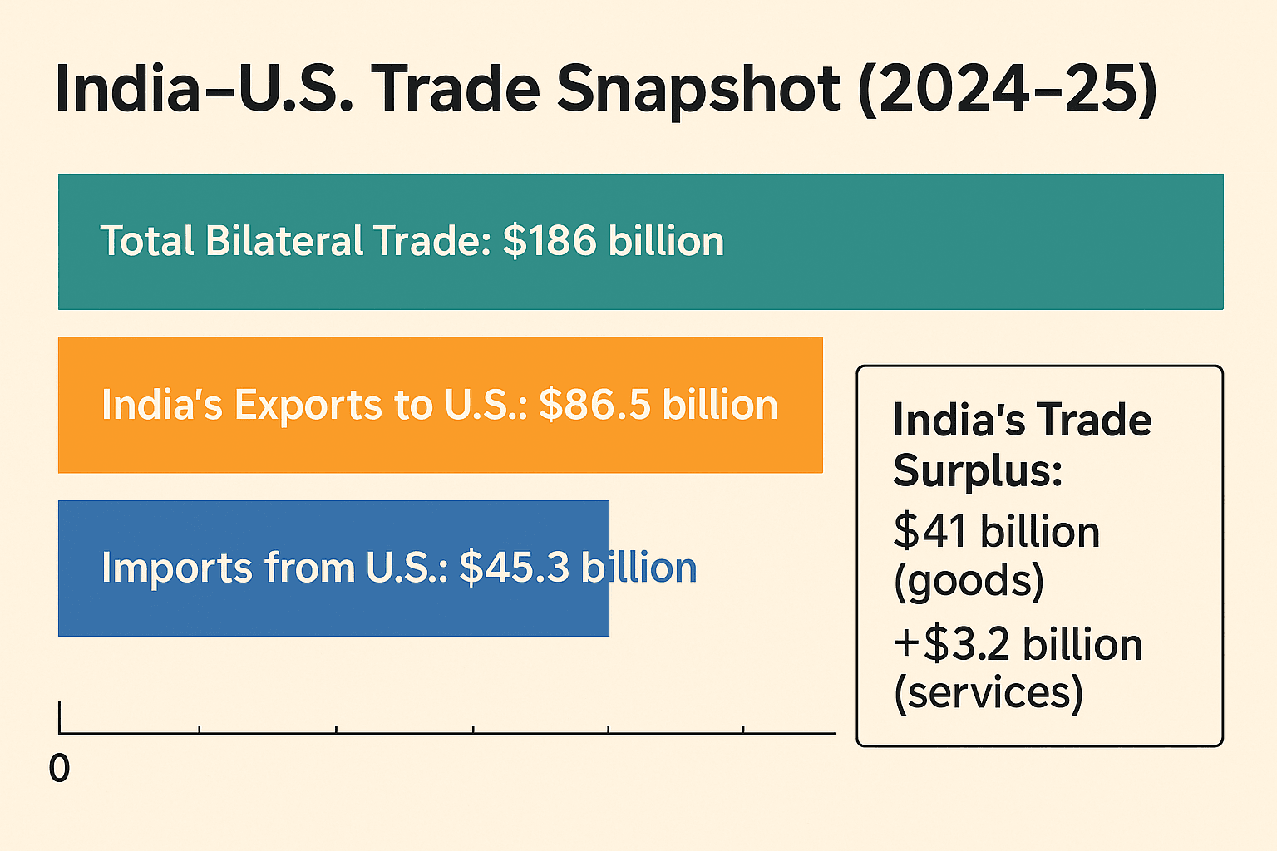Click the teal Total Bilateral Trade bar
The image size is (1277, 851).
[x=956, y=241]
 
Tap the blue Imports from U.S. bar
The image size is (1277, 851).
[x=333, y=607]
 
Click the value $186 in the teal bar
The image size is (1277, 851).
[x=550, y=241]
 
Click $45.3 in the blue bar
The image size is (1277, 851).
[x=514, y=568]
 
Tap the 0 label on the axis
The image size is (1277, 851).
[x=59, y=769]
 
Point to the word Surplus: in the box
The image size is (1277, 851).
[x=978, y=471]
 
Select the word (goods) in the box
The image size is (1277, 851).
[x=969, y=581]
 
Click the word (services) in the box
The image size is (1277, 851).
[x=989, y=692]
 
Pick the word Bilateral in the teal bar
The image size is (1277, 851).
[x=284, y=241]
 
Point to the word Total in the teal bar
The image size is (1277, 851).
[x=146, y=241]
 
